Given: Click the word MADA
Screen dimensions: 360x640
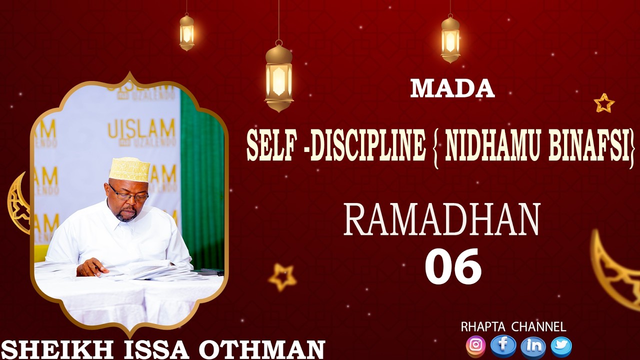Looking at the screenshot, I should [452, 89].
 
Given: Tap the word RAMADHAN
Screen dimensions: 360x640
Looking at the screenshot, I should [442, 220].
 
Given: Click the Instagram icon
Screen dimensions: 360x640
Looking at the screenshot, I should [475, 345].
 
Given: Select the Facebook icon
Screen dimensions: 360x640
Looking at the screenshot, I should [503, 345].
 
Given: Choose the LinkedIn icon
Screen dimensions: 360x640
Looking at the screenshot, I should [533, 345].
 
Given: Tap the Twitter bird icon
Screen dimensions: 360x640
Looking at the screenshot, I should [561, 345].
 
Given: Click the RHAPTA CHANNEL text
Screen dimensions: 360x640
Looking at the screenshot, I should [513, 327].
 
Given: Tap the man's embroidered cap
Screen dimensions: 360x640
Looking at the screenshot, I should [129, 169].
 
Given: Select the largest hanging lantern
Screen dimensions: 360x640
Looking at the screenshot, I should [278, 77].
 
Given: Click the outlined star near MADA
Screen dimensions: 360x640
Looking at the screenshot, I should [604, 103].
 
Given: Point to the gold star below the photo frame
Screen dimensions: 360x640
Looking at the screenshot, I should [282, 277].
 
